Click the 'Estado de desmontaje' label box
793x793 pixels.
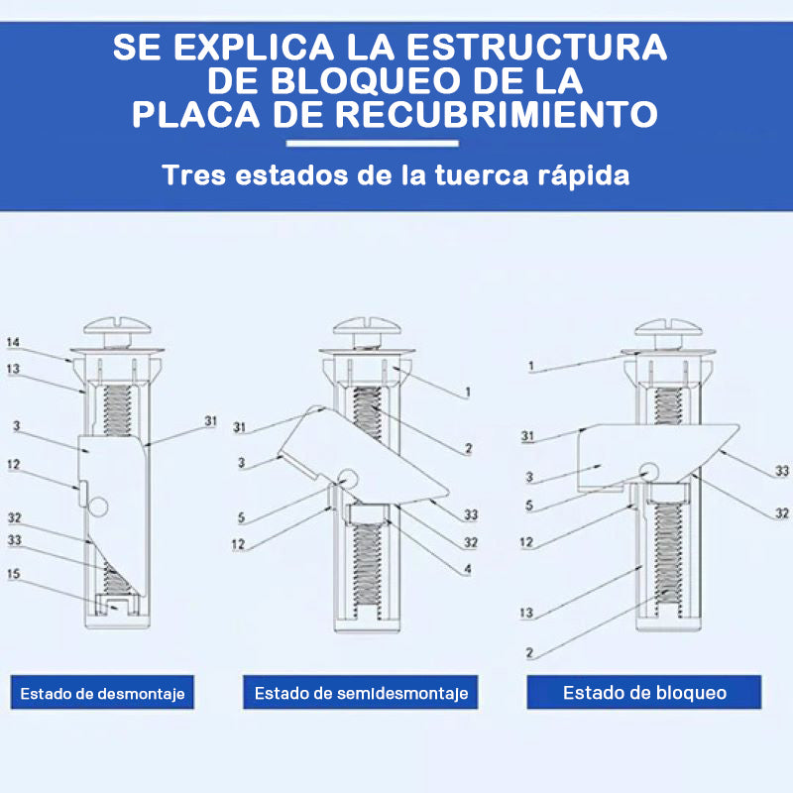(x=102, y=692)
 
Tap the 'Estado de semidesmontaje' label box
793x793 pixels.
(x=361, y=692)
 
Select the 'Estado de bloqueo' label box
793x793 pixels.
(x=644, y=692)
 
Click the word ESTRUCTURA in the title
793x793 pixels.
(x=536, y=47)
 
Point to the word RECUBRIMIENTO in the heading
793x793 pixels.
(x=497, y=114)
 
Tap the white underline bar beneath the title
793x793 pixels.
(x=373, y=144)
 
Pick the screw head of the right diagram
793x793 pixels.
(x=668, y=327)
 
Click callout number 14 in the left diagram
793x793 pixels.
(x=13, y=342)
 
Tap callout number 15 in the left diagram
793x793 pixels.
(x=14, y=574)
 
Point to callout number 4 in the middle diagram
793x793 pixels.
(x=468, y=569)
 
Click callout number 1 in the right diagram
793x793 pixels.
(x=530, y=366)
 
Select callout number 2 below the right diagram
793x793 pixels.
(x=529, y=653)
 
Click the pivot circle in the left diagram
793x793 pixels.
(x=98, y=507)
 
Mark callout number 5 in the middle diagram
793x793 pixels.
(x=241, y=517)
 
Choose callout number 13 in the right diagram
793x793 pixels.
(x=526, y=613)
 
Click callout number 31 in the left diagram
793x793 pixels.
(x=210, y=420)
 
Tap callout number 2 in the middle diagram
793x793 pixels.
(x=468, y=448)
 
